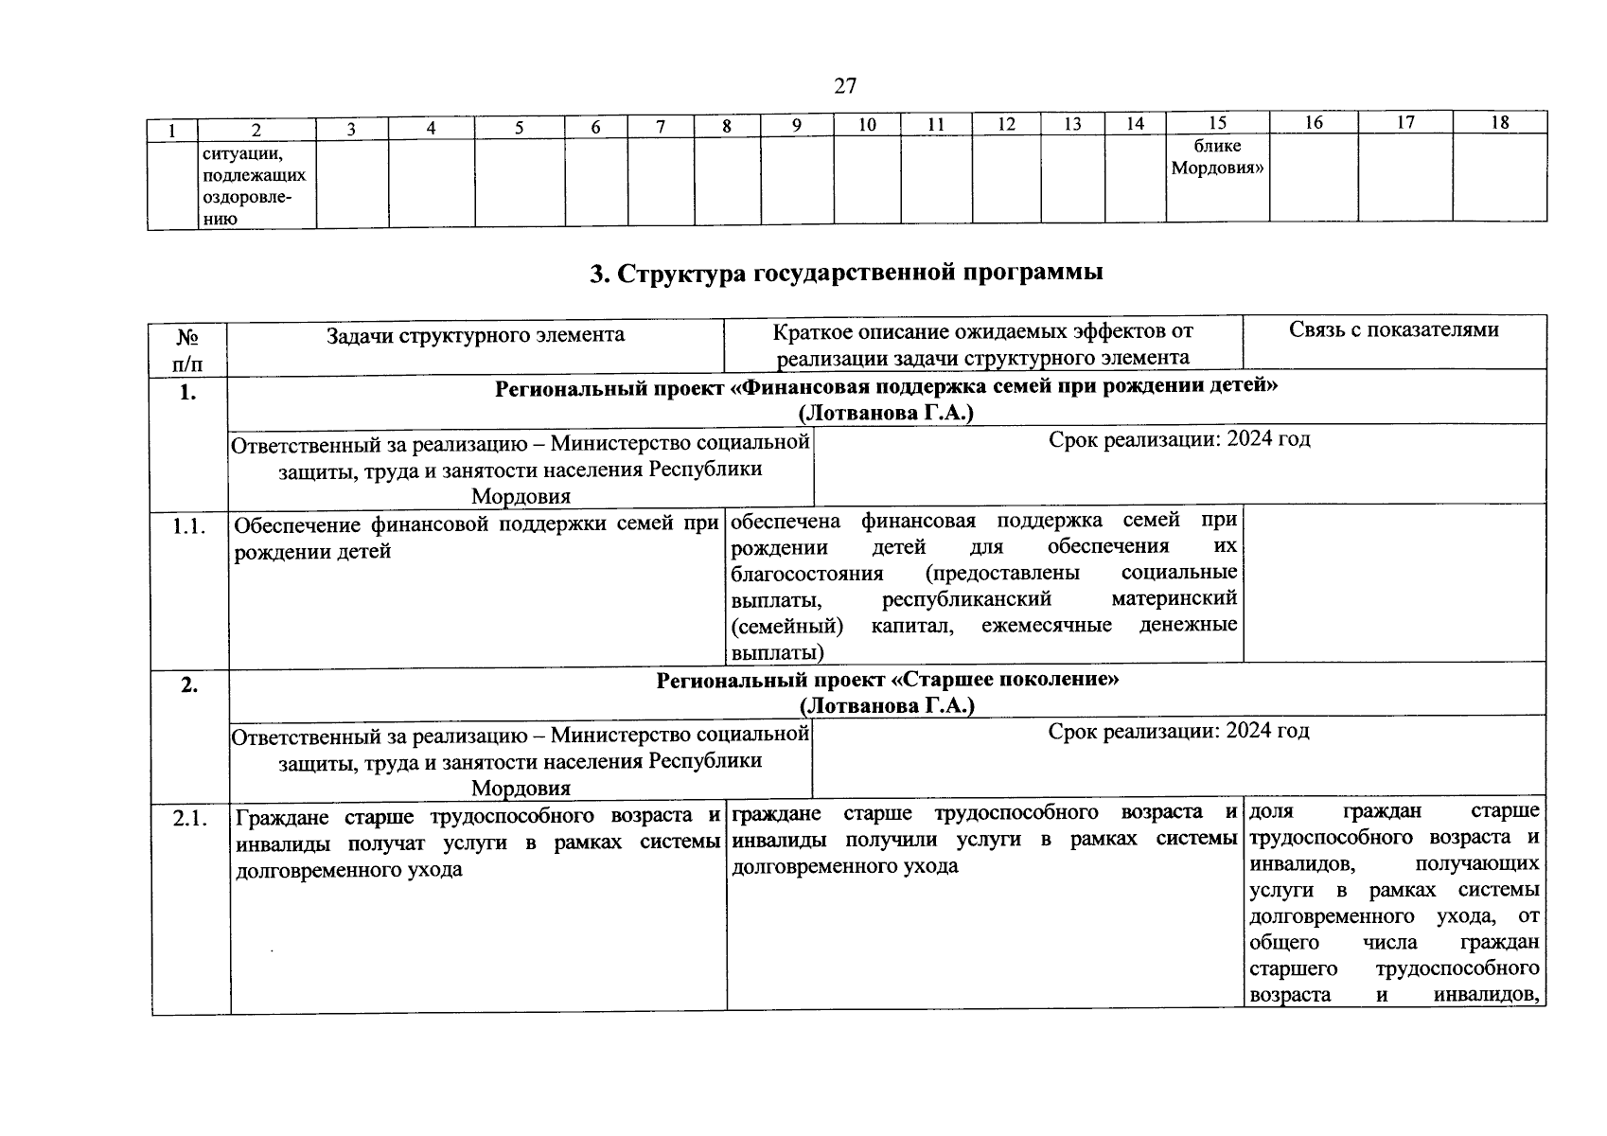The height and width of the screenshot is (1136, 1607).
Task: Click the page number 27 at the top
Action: [845, 86]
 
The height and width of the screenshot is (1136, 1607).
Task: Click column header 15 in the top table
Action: [1217, 123]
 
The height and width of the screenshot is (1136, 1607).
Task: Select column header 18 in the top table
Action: [1499, 122]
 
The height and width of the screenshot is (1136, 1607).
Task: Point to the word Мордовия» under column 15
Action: [1218, 169]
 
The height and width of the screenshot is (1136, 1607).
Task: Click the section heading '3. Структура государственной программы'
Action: [846, 274]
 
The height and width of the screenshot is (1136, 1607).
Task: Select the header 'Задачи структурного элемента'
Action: [475, 335]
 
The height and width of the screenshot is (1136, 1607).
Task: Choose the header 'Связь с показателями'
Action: [1393, 329]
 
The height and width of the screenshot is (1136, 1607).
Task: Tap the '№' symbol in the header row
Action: [186, 337]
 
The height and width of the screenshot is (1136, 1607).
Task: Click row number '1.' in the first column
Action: [187, 394]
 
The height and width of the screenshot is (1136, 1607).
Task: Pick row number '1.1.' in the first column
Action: [188, 527]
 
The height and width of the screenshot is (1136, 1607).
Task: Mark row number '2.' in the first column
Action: [189, 686]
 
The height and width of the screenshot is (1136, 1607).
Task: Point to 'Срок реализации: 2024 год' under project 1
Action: [1178, 439]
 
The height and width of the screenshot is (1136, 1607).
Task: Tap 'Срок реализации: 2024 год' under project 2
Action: [1178, 731]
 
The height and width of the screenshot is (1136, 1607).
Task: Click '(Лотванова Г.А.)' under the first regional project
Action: [886, 414]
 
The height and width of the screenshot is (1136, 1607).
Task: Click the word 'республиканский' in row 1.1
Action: [966, 599]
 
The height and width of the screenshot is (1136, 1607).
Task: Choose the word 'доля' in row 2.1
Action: [1271, 812]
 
